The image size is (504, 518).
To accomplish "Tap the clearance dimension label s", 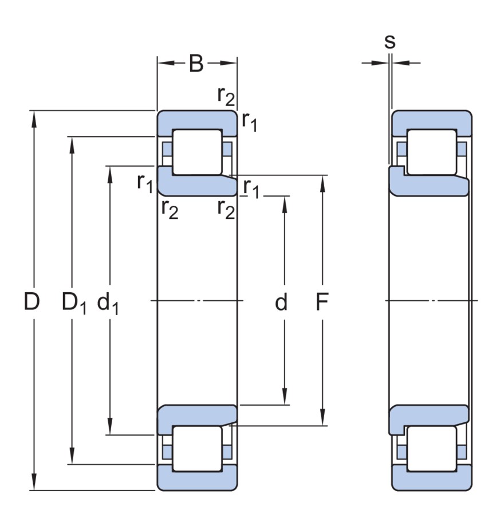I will [x=390, y=41].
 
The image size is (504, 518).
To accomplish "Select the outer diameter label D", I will [x=32, y=301].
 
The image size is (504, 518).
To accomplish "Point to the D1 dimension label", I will [x=73, y=303].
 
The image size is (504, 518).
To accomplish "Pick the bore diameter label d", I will [x=281, y=302].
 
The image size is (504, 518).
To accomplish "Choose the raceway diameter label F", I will [x=322, y=302].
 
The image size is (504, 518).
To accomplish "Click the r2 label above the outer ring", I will [x=226, y=96].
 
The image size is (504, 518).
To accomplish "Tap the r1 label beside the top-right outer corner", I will [x=249, y=121].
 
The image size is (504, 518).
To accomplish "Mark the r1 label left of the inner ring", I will [x=144, y=182].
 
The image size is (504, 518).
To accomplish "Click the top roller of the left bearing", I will [x=197, y=152].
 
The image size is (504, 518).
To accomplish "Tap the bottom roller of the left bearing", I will [x=197, y=449].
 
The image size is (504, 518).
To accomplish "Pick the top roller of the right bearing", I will [x=431, y=152].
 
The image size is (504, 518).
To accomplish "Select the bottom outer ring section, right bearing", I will [x=431, y=481].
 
